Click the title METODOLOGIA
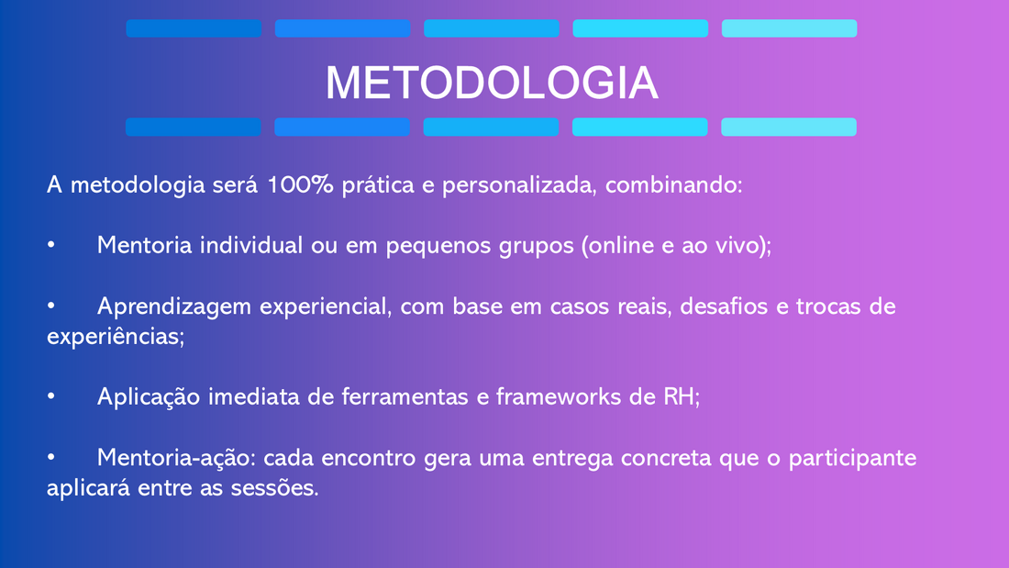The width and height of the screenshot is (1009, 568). point(492,84)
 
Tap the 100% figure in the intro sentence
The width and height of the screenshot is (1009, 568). point(300,184)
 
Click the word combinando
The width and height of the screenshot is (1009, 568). point(674,184)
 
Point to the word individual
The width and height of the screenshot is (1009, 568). point(251,245)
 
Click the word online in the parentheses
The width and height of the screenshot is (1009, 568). point(617,245)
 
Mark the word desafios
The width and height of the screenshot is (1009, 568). point(724,306)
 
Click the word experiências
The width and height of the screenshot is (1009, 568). point(116,337)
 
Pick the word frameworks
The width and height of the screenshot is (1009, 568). point(559,396)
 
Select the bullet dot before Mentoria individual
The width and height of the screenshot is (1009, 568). point(50,245)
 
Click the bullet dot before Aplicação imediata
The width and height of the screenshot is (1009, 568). point(50,396)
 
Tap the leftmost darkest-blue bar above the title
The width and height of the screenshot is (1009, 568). point(194,28)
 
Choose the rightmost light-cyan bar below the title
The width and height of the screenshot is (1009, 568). point(789,127)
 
